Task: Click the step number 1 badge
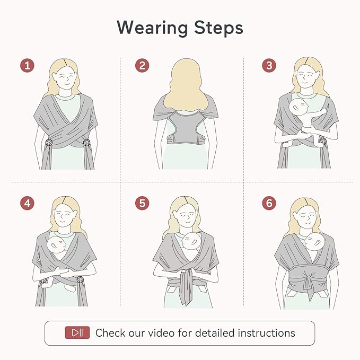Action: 28,66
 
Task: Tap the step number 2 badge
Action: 141,66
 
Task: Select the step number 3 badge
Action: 269,66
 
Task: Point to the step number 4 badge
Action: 28,203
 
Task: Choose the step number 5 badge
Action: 141,203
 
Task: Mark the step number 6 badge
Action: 269,203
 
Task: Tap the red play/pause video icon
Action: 77,333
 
